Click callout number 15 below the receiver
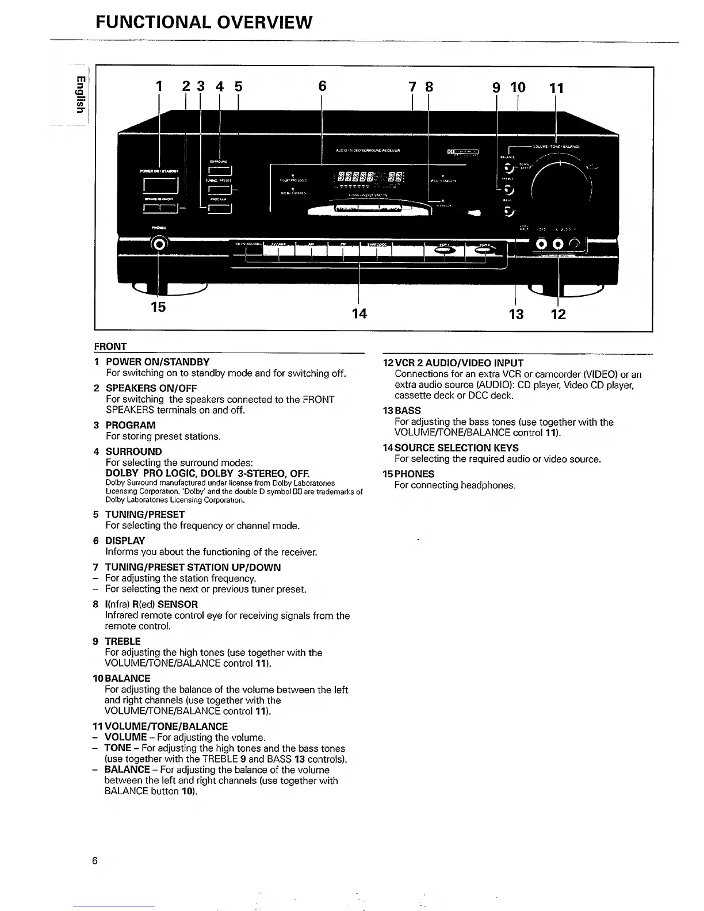158,307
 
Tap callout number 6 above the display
322,86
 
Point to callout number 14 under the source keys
359,313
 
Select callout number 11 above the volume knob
556,88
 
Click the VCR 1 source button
443,250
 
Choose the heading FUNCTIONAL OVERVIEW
204,22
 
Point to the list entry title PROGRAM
131,425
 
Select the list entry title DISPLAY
125,541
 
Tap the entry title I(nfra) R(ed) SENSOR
152,604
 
